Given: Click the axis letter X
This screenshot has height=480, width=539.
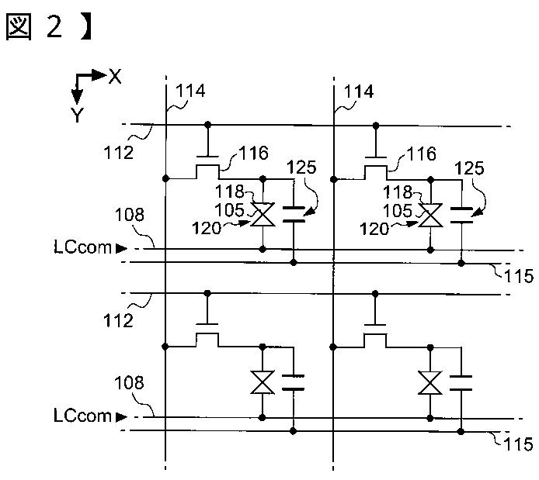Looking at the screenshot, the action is point(115,76).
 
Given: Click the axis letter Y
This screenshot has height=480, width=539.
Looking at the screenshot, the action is point(78,115).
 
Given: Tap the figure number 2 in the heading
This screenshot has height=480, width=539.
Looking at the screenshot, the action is point(54,27).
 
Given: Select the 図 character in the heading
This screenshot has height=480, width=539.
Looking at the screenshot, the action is point(19,27).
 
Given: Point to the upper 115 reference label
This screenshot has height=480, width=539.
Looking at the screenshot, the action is point(518,276).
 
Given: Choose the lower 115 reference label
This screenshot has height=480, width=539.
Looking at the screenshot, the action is point(518,444).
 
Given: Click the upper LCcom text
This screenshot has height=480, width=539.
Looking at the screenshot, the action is point(83,247).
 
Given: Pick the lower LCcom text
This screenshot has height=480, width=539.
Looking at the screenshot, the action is point(83,416).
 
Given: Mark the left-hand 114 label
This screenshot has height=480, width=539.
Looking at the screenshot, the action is point(190,91).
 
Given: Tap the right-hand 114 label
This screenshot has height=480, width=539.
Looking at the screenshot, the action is point(359,92).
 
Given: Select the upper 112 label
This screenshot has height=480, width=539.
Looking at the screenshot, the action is point(119,152).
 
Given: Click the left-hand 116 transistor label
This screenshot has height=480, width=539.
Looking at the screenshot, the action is point(254,153).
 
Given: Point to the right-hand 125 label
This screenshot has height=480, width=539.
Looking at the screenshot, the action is point(469,168).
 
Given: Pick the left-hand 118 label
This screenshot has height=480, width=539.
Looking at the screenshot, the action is point(229,191).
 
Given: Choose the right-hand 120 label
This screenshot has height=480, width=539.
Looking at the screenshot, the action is point(374,229).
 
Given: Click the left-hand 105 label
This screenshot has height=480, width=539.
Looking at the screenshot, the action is point(229,209).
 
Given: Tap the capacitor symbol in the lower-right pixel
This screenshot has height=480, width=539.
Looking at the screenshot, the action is point(461,383).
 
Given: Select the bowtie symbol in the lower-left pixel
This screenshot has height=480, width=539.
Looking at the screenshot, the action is point(263,382).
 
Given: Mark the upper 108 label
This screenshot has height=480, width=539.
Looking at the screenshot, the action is point(129,215).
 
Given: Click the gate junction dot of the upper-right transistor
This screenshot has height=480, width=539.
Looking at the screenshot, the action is point(376,126).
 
